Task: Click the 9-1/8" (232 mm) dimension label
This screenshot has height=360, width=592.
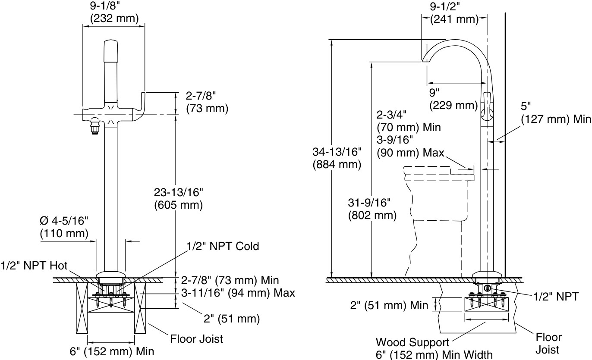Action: coord(114,13)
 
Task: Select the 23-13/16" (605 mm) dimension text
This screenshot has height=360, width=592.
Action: coord(178,199)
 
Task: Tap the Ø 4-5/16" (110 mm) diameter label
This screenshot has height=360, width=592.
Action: coord(64,227)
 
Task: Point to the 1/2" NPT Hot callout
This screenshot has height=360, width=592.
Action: coord(34,265)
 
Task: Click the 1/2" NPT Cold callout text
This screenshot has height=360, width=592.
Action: coord(223,246)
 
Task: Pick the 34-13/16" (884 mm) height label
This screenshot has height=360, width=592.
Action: coord(337,158)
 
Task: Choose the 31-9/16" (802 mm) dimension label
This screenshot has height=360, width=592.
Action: coord(372,209)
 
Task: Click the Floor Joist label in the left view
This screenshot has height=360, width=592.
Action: coord(197,338)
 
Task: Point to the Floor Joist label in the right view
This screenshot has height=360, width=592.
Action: coord(548,343)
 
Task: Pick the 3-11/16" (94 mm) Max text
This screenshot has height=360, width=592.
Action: coord(238,293)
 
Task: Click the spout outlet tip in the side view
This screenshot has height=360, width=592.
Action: coord(425,61)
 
